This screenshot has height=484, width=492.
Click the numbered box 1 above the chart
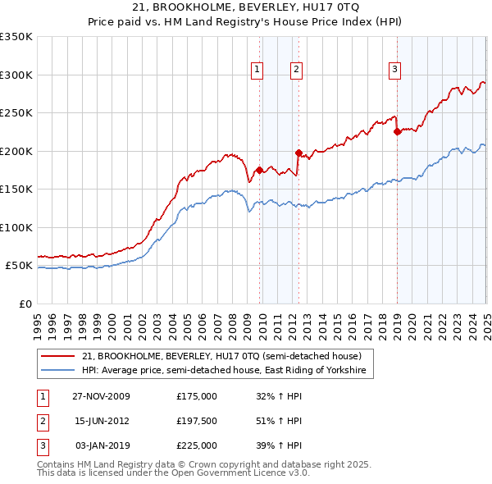(x=257, y=70)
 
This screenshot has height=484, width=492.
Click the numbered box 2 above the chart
(x=295, y=70)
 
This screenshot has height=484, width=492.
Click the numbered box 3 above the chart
(x=394, y=70)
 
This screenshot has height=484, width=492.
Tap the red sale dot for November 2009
(x=260, y=170)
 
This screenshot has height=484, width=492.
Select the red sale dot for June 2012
(x=298, y=153)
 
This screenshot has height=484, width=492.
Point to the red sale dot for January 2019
(x=397, y=131)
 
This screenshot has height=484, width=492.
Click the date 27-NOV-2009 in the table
(x=102, y=396)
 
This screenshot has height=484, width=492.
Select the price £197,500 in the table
(x=197, y=421)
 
